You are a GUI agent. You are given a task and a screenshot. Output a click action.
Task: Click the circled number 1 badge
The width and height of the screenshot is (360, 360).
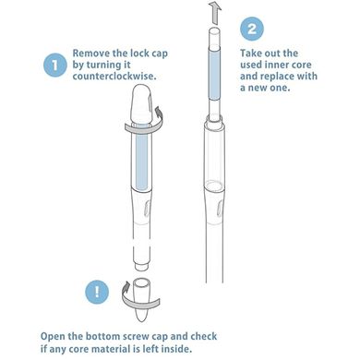tap(55, 65)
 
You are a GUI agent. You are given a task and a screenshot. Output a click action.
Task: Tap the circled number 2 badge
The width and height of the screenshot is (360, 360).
tap(252, 29)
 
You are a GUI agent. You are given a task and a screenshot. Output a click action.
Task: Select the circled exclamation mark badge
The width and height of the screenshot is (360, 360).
tap(97, 292)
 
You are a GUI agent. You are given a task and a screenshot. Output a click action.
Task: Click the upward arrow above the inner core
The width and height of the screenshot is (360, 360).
tap(215, 12)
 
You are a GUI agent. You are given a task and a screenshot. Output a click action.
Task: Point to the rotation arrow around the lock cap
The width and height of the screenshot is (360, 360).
tap(142, 127)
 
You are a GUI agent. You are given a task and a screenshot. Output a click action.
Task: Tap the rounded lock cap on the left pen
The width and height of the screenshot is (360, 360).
tap(141, 104)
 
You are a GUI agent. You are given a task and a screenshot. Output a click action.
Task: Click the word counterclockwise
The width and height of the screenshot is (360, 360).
tap(114, 76)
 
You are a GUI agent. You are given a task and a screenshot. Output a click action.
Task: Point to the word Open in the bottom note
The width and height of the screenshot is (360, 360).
tap(53, 336)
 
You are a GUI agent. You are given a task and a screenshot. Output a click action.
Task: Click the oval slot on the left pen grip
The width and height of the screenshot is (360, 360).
tap(147, 210)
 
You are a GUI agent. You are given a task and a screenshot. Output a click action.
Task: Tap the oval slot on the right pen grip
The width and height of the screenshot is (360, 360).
tap(220, 210)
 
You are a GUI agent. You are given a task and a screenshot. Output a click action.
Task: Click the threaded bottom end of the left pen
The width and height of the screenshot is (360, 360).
tap(142, 266)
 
